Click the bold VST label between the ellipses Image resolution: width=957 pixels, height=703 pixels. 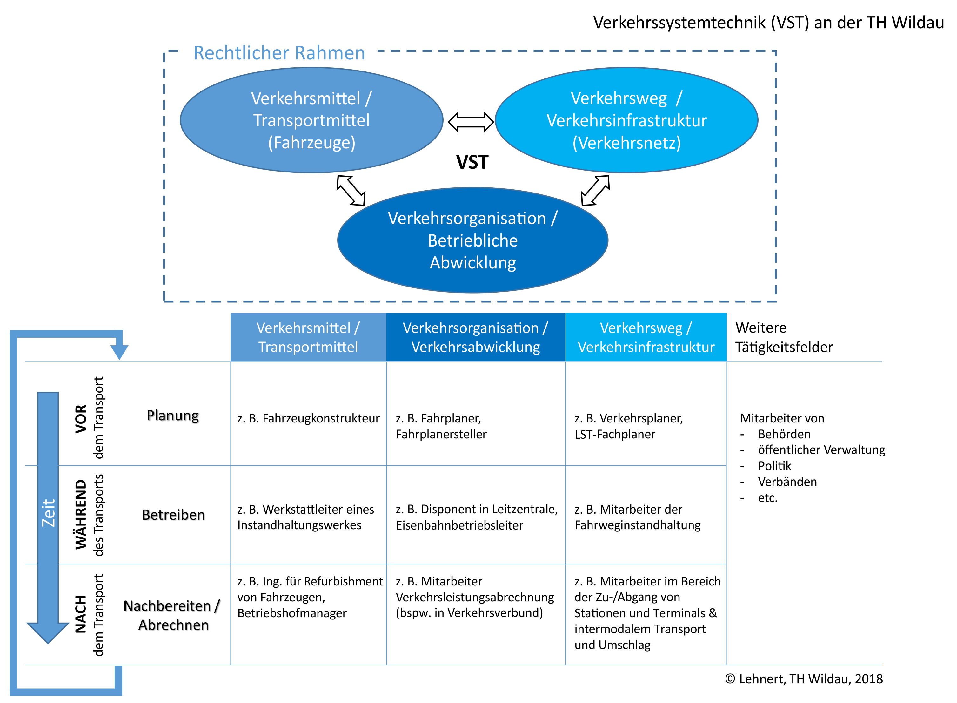tap(472, 162)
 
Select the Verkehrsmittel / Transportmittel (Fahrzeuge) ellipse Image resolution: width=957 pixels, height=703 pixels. tap(311, 120)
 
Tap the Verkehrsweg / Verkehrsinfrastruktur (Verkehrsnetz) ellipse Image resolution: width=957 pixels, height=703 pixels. tap(626, 120)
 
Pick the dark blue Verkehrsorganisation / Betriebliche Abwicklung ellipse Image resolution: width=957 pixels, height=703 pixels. tap(472, 240)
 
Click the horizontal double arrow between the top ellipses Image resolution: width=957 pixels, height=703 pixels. tap(471, 122)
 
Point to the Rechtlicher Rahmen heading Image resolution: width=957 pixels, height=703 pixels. tap(279, 53)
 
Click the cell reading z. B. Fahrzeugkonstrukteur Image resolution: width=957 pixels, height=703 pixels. tap(308, 418)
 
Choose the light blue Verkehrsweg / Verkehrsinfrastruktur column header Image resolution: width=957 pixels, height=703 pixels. tap(646, 337)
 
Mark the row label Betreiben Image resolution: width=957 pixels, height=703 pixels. tap(173, 515)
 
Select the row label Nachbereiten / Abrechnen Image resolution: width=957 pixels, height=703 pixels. tap(172, 615)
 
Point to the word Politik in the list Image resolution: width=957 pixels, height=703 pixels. tap(774, 466)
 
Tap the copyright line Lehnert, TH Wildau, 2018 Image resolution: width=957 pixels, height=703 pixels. tap(804, 679)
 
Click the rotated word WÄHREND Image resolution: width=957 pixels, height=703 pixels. tap(81, 515)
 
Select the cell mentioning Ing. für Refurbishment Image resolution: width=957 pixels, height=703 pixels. tap(310, 597)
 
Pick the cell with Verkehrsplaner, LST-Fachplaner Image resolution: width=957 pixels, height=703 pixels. tap(628, 426)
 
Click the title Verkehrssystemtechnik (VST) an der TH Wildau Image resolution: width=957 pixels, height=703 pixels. tap(768, 23)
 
